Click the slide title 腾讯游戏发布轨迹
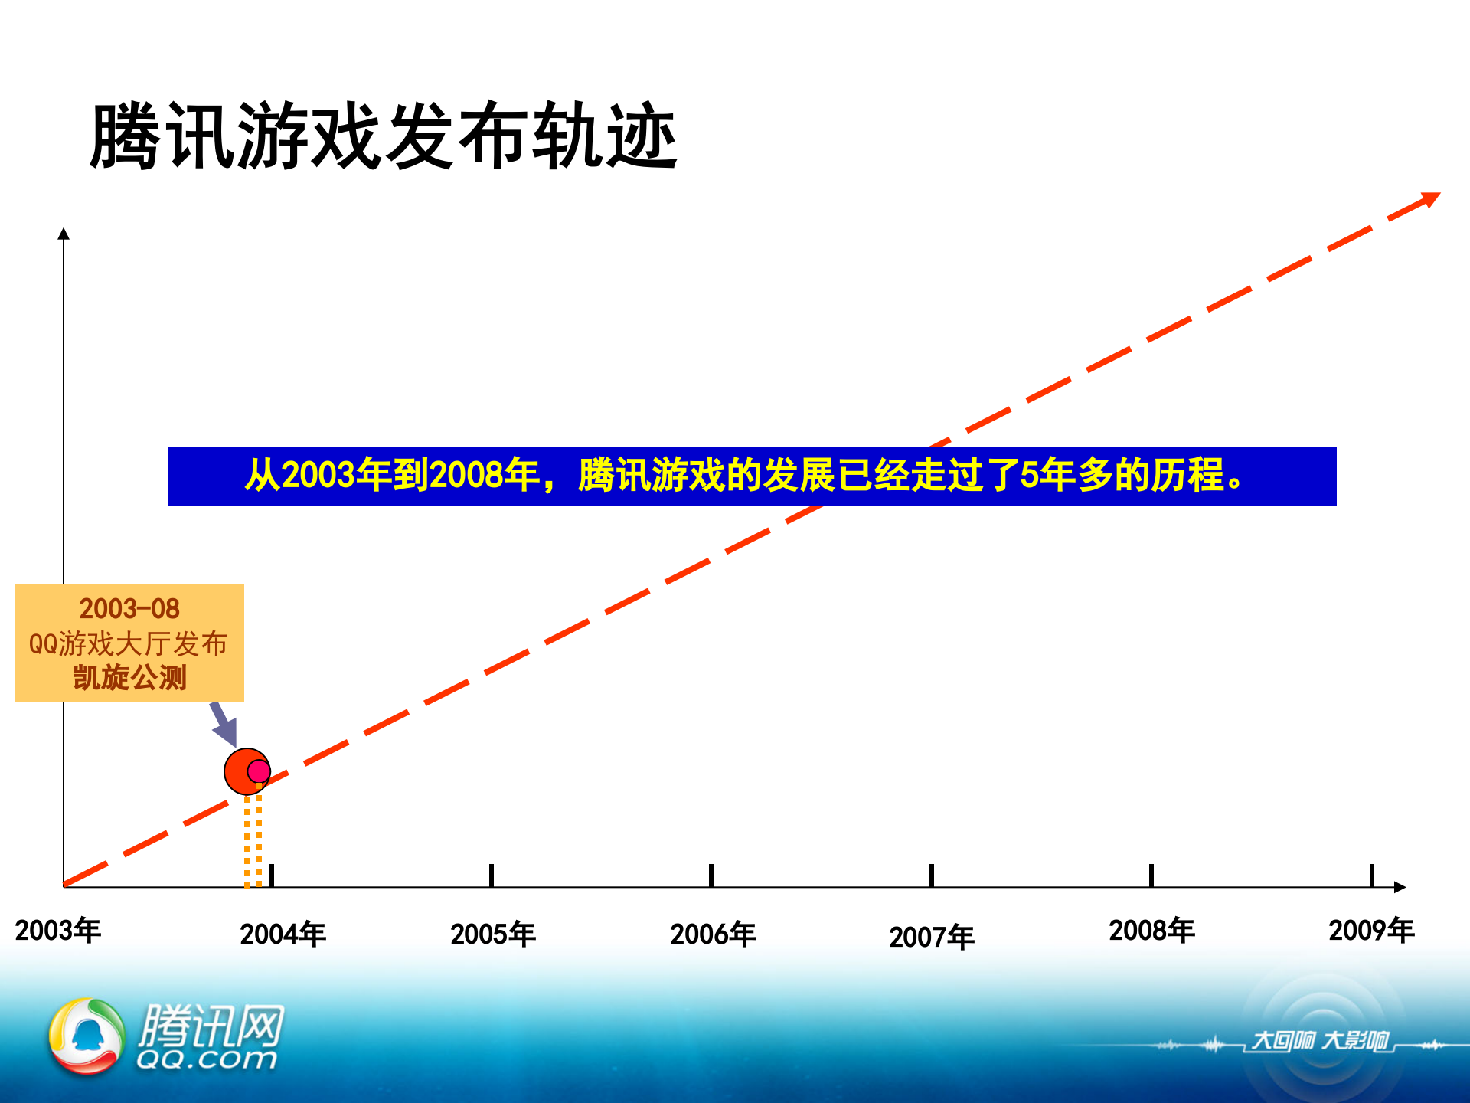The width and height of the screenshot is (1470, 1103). tap(383, 136)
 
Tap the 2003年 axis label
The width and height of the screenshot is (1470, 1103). tap(58, 931)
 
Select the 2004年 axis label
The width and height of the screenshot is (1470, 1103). tap(283, 934)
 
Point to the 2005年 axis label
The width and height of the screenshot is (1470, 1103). tap(493, 934)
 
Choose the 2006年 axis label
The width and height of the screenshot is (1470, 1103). tap(713, 934)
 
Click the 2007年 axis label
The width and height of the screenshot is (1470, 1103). tap(932, 937)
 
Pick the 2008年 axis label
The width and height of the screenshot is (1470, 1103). tap(1151, 931)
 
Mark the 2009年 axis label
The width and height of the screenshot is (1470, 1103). tap(1371, 931)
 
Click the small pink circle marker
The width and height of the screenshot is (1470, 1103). tap(259, 771)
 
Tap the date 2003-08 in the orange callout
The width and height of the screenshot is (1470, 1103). tap(129, 609)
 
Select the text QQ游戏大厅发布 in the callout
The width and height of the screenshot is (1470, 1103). tap(129, 643)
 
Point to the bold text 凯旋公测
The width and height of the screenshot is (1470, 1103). tap(129, 678)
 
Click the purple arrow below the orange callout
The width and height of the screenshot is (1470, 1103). tap(224, 724)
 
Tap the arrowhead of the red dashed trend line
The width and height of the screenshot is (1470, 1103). tap(1429, 200)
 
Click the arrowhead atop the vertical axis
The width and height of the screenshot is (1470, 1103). tap(64, 234)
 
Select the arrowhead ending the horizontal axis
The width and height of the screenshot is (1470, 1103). tap(1400, 887)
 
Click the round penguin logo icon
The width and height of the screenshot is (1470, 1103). tap(87, 1036)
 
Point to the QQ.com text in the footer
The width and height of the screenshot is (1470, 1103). tap(207, 1059)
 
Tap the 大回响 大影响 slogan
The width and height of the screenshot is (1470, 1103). tap(1320, 1041)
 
